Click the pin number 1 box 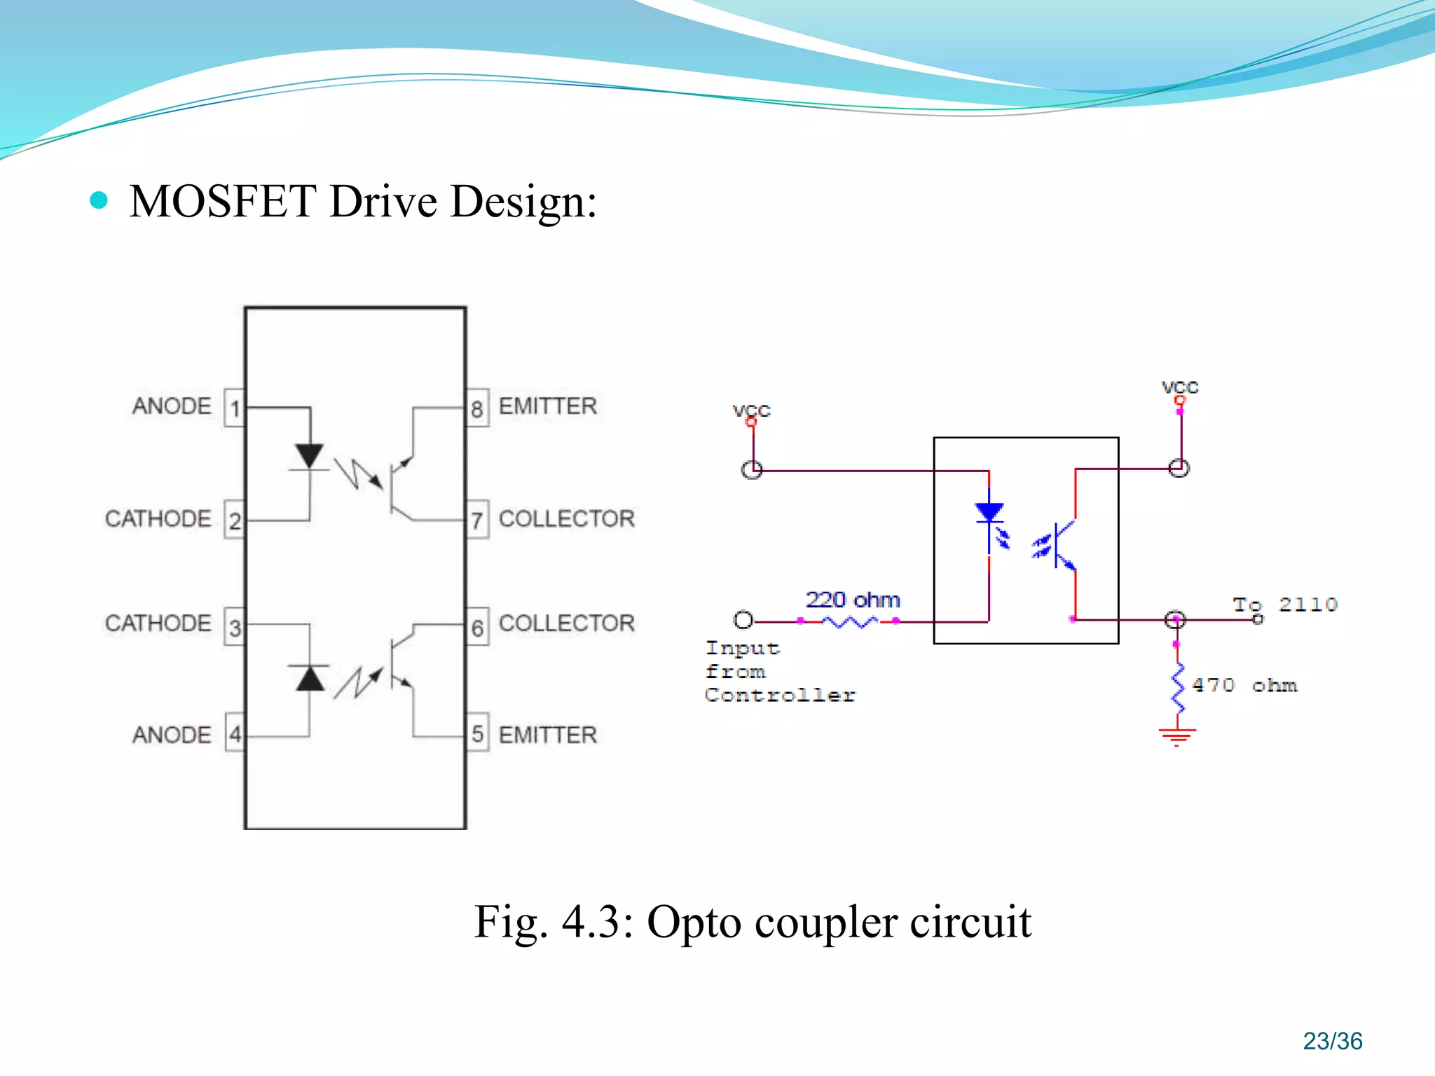[x=235, y=408]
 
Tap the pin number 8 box [x=477, y=408]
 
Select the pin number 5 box [x=477, y=733]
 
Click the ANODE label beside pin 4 [x=172, y=735]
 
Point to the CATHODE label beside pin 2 [x=158, y=518]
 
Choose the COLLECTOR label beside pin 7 [x=566, y=518]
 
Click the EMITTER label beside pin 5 [x=547, y=735]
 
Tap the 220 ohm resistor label [x=852, y=600]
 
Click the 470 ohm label [x=1244, y=685]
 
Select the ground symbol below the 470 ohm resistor [x=1177, y=736]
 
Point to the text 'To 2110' [x=1285, y=605]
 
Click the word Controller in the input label [x=780, y=695]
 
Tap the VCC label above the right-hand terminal [x=1180, y=387]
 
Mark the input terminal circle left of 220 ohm [x=743, y=620]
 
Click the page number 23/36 [x=1332, y=1041]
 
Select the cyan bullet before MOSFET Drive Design [x=99, y=201]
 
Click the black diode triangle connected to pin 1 [x=310, y=456]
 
